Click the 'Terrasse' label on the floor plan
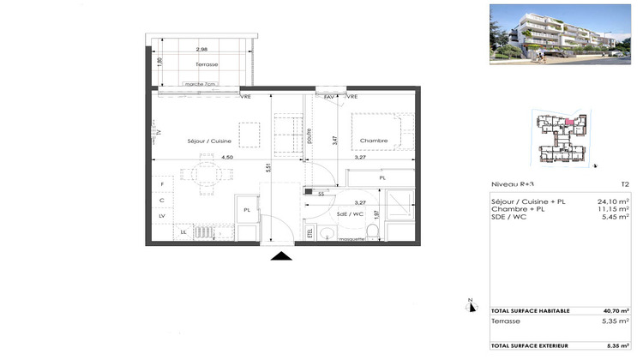click(x=206, y=65)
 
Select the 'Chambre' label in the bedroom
click(x=374, y=141)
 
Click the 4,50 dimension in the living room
click(x=227, y=158)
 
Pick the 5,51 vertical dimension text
click(x=268, y=169)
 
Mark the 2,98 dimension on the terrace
click(x=201, y=50)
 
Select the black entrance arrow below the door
click(x=281, y=255)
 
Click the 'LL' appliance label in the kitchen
click(x=183, y=232)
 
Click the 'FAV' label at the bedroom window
click(x=328, y=97)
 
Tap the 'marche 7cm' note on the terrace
click(x=201, y=84)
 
